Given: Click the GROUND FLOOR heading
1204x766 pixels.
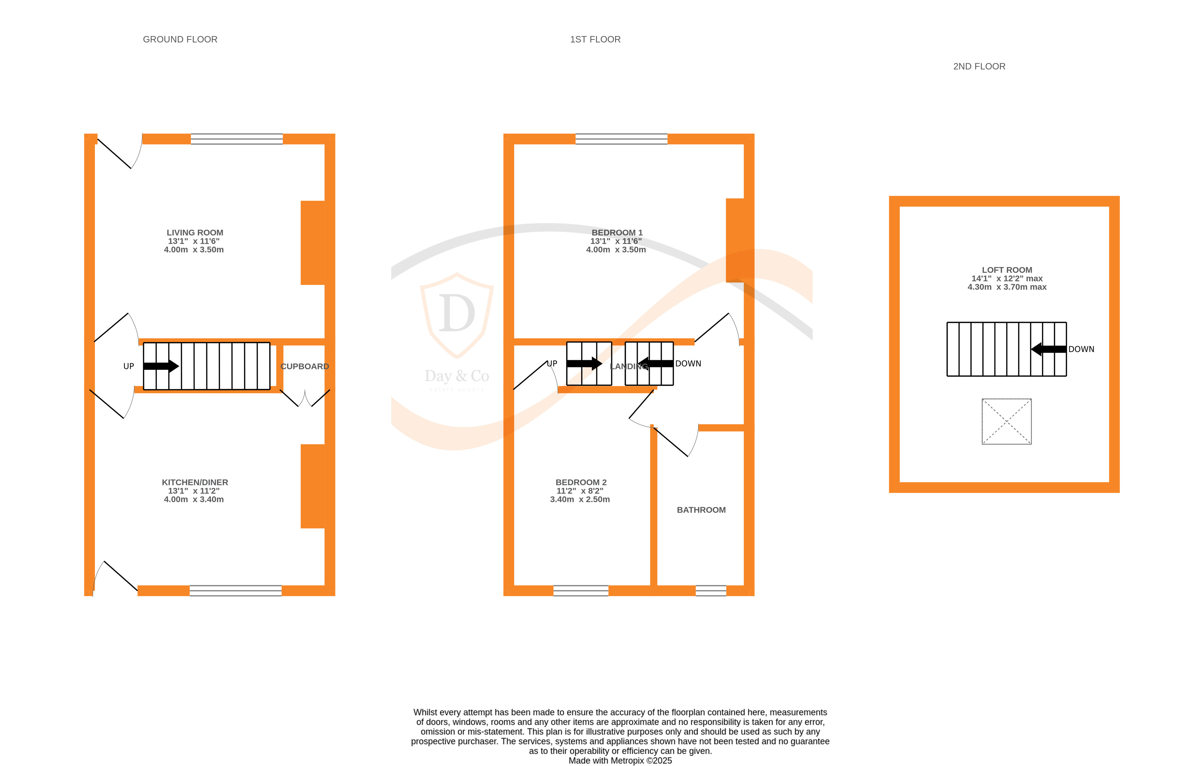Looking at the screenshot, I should [180, 39].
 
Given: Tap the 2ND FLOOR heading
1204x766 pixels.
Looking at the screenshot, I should [979, 67].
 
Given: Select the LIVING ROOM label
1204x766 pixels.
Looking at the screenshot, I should [194, 233].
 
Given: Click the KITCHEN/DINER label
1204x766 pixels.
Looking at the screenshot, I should [194, 482].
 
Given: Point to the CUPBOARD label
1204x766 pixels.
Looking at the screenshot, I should [304, 366].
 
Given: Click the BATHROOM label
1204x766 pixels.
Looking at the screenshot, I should [701, 510].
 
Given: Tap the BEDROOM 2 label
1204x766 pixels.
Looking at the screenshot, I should [581, 482].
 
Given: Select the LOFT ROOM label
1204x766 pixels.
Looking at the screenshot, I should [1007, 270].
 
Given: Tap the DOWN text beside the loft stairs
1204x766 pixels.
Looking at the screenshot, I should [1081, 349].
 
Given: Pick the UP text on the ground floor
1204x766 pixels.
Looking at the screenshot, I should [129, 366].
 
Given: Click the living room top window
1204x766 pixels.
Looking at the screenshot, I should [237, 139].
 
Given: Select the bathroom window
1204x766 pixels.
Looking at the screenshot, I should [711, 590].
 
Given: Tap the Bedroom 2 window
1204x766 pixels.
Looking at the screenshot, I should [581, 590].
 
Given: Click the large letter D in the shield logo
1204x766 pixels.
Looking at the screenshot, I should [456, 314].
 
